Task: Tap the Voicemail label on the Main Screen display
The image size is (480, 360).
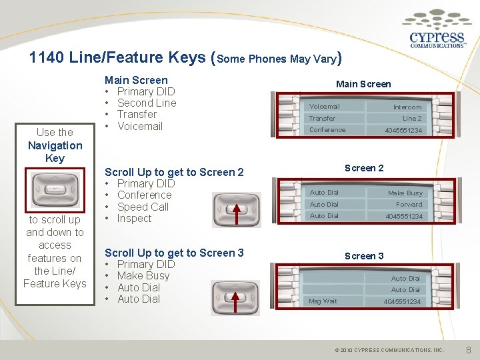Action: pyautogui.click(x=325, y=107)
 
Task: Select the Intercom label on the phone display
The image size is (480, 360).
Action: pyautogui.click(x=407, y=107)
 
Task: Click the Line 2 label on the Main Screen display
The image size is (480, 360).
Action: pyautogui.click(x=411, y=119)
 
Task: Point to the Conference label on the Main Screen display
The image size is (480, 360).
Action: pyautogui.click(x=327, y=130)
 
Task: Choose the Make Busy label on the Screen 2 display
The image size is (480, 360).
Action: pyautogui.click(x=405, y=193)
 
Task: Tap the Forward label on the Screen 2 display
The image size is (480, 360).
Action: pyautogui.click(x=409, y=205)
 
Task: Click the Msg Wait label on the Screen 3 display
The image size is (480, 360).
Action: pyautogui.click(x=323, y=301)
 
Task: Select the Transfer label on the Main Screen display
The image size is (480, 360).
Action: pyautogui.click(x=322, y=119)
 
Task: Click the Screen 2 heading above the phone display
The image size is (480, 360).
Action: pyautogui.click(x=363, y=168)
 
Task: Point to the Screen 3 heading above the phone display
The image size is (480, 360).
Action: pyautogui.click(x=363, y=256)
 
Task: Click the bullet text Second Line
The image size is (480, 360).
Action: pyautogui.click(x=147, y=103)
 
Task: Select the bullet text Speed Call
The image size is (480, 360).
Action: pyautogui.click(x=143, y=207)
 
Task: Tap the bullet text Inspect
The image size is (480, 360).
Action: pyautogui.click(x=134, y=218)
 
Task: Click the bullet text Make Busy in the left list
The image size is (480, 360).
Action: pyautogui.click(x=143, y=276)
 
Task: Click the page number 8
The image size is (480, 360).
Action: pyautogui.click(x=469, y=349)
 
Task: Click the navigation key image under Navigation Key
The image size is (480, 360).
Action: pyautogui.click(x=55, y=189)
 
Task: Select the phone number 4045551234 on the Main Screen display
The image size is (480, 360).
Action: pyautogui.click(x=403, y=130)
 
